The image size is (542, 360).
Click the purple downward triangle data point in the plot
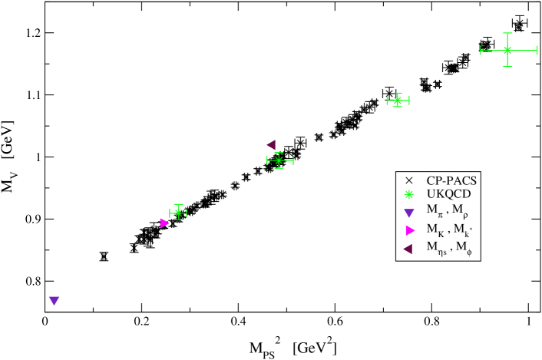tap(54, 300)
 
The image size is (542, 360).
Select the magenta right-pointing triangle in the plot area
tap(164, 223)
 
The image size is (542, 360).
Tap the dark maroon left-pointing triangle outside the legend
tap(271, 144)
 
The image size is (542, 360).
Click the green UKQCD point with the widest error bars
tap(507, 50)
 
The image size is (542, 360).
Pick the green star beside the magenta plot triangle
tap(178, 213)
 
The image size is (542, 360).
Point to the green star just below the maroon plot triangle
tap(279, 160)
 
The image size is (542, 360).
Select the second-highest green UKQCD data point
tap(397, 100)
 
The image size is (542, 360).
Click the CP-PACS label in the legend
tap(451, 181)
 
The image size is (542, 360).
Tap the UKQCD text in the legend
tap(448, 194)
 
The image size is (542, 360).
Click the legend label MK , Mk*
tap(449, 230)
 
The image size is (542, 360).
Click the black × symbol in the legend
tap(409, 181)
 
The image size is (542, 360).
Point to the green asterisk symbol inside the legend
tap(409, 194)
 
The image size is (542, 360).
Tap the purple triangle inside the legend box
tap(409, 213)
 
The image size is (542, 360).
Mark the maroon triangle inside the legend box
tap(408, 248)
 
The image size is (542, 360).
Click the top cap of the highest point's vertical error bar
tap(507, 33)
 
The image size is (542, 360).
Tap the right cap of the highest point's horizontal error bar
tap(537, 50)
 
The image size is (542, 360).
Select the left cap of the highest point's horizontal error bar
tap(481, 51)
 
